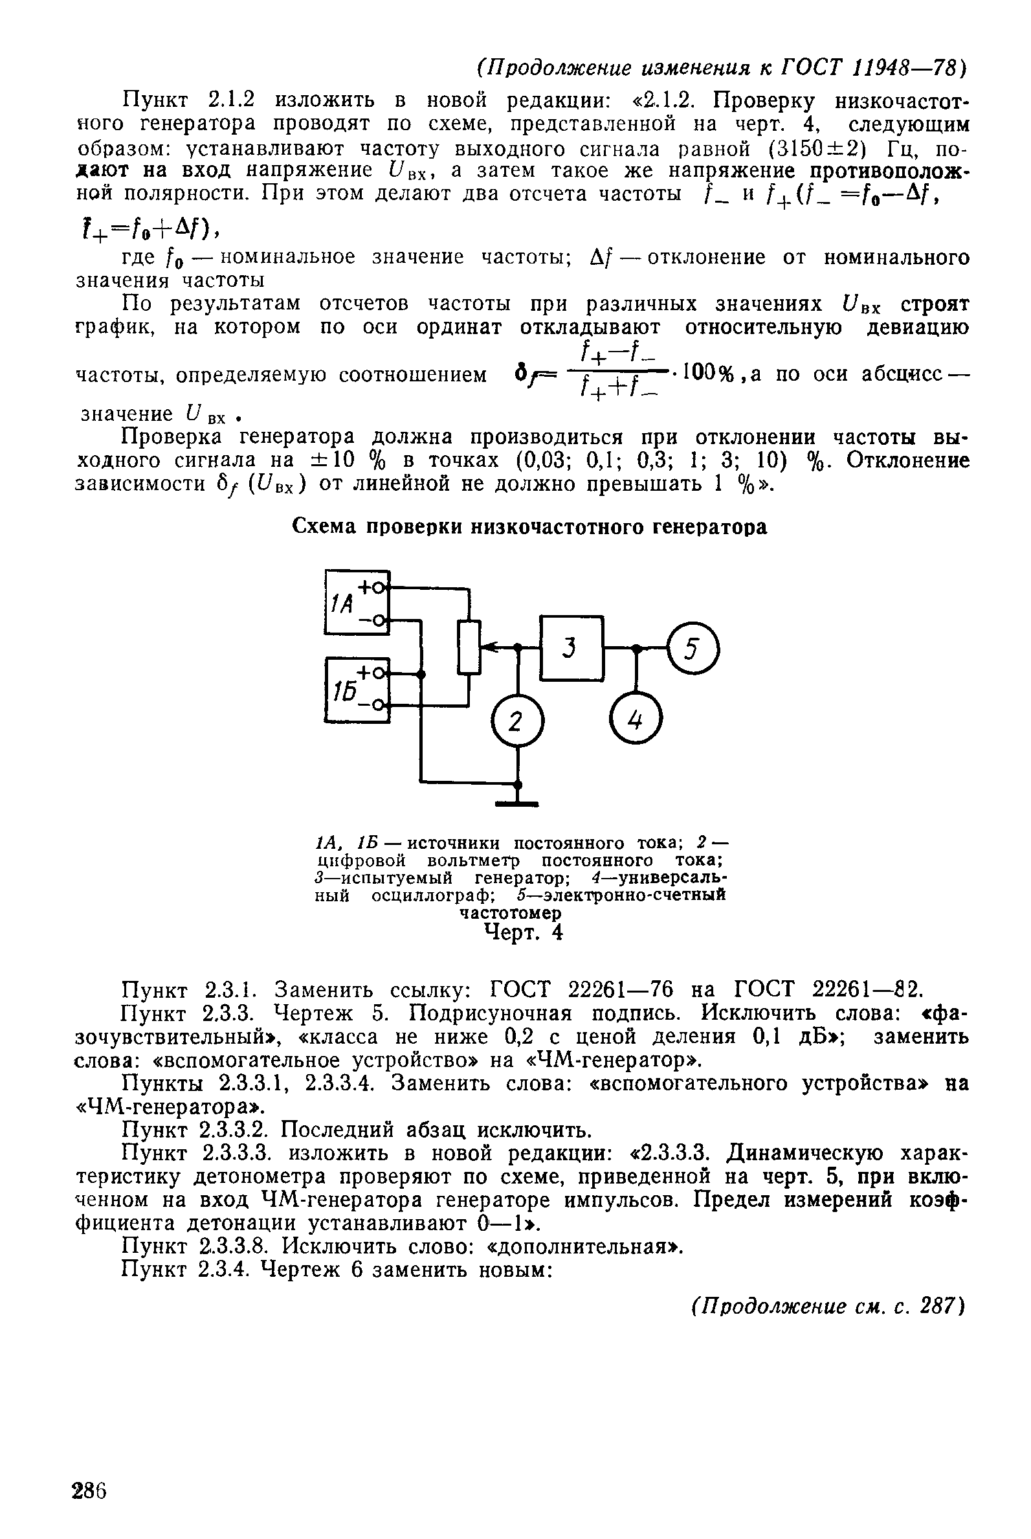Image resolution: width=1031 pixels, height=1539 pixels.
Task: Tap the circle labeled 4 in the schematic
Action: pyautogui.click(x=636, y=721)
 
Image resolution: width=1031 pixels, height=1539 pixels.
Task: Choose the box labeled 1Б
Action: pyautogui.click(x=357, y=690)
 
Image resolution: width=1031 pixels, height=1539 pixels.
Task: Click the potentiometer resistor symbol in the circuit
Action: pyautogui.click(x=469, y=647)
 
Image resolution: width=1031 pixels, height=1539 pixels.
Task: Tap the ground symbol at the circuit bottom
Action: pyautogui.click(x=517, y=802)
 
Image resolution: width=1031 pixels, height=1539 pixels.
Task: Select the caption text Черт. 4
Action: pyautogui.click(x=524, y=932)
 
